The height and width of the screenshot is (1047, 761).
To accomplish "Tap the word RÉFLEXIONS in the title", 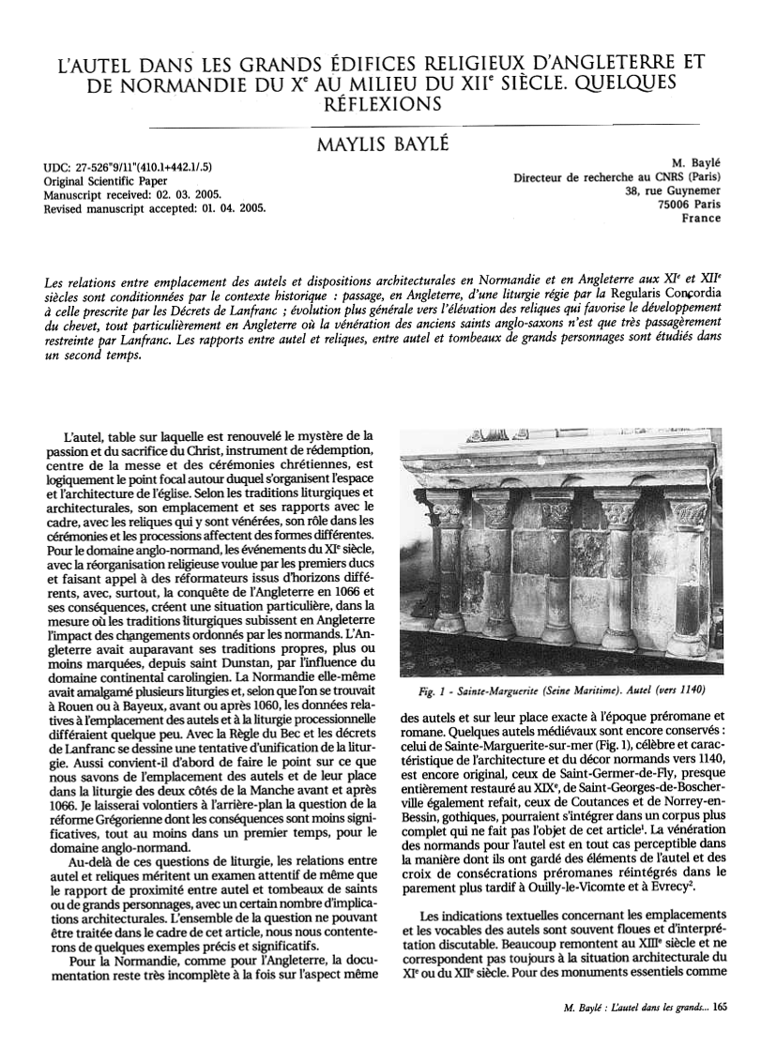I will [x=381, y=105].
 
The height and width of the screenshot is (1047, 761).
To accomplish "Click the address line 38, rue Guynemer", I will [x=672, y=191].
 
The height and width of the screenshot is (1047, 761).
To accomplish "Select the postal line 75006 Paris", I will [x=691, y=205].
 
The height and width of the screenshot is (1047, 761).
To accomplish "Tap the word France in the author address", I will [x=701, y=218].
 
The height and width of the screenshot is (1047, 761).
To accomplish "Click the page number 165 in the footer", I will [x=719, y=1009].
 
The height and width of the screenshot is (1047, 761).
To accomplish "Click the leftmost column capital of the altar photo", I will [x=448, y=513].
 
